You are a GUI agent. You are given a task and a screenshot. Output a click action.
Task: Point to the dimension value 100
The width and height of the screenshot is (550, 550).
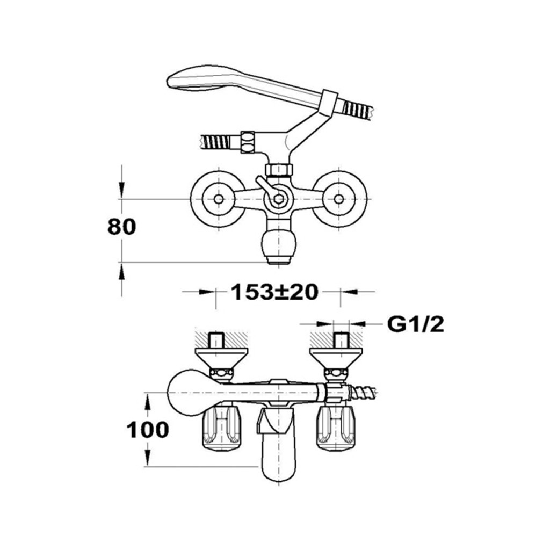pyautogui.click(x=147, y=429)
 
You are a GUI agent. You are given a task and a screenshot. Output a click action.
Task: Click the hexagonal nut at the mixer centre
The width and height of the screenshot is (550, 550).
pyautogui.click(x=278, y=199)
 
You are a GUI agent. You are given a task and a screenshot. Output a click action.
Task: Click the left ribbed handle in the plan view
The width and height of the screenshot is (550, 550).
pyautogui.click(x=222, y=428)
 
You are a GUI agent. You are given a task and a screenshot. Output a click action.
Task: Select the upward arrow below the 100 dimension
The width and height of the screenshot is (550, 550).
pyautogui.click(x=147, y=457)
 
